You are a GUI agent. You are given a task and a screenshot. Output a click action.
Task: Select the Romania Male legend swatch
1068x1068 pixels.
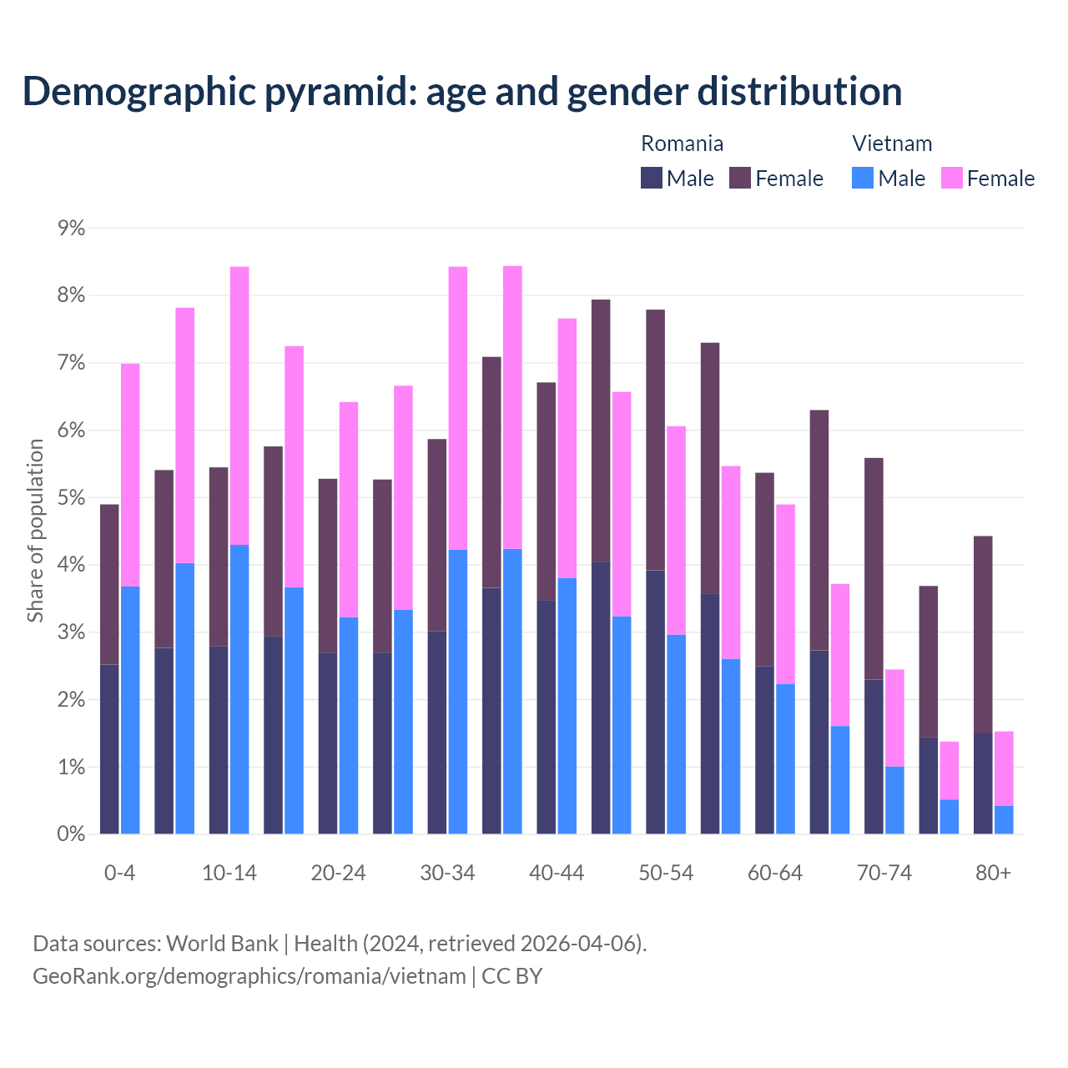pos(652,178)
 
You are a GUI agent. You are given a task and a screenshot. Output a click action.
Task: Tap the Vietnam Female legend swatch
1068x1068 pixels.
pos(951,178)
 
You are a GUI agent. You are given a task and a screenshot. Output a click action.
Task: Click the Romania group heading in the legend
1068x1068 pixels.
pos(682,144)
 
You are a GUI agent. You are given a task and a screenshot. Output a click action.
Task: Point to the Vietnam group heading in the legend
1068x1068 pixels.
pos(892,144)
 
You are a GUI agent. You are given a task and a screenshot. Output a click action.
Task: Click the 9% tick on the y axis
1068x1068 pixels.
pos(72,228)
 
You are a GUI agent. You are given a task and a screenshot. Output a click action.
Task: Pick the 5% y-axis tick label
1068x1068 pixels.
pos(72,498)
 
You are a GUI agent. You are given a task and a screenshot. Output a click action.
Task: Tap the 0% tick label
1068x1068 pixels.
pos(72,834)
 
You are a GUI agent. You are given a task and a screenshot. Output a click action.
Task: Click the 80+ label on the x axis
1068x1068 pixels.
pos(993,873)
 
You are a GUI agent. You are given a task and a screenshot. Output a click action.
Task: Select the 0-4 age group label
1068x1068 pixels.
pos(119,873)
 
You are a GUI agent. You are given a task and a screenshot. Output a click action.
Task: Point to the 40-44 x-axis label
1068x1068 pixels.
pos(557,873)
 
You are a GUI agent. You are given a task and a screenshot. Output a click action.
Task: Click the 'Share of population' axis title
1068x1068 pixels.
pos(35,531)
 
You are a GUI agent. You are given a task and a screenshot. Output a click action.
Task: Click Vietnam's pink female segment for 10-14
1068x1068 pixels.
pos(239,406)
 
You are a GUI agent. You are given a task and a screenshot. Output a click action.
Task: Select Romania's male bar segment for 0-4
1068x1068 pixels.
pos(109,749)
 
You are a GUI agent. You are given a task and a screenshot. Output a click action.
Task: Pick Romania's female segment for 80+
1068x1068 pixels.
pos(983,635)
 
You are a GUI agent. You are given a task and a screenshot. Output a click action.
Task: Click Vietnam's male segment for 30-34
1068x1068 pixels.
pos(458,692)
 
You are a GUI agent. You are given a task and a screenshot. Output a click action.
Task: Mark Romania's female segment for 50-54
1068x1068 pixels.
pos(656,440)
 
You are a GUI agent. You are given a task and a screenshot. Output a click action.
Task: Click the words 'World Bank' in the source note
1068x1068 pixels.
pos(222,944)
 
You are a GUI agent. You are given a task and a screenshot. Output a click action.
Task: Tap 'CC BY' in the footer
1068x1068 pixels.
pos(511,975)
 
